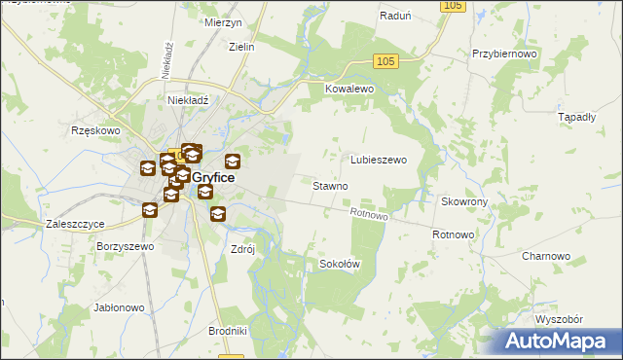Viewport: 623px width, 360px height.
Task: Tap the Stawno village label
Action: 330,185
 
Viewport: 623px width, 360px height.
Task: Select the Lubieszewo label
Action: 378,160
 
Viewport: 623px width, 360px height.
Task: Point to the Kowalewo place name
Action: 349,88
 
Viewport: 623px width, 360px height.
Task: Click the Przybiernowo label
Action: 504,54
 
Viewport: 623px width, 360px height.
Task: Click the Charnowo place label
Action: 545,256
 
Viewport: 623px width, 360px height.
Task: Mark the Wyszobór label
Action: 558,319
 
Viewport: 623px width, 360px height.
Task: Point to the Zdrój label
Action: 241,248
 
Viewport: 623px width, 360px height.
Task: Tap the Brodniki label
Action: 228,331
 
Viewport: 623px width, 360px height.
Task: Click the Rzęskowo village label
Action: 94,129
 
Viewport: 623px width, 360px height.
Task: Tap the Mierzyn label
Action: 223,21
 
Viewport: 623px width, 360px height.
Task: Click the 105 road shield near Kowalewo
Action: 385,61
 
